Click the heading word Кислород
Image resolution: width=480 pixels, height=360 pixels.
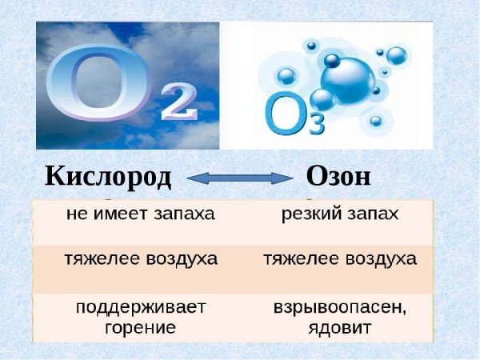(x=108, y=176)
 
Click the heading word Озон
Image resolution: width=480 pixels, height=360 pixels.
(x=338, y=176)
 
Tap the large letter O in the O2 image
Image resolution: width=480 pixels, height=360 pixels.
(x=97, y=84)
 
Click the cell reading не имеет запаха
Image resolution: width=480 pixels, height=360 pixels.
(x=140, y=214)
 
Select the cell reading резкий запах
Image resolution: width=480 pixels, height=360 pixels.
(x=340, y=214)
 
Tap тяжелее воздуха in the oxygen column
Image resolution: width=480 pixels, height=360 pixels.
(x=140, y=260)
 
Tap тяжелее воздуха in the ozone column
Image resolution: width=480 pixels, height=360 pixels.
(x=340, y=260)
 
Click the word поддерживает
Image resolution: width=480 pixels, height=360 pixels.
(x=141, y=309)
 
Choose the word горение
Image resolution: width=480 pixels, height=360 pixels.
(x=141, y=327)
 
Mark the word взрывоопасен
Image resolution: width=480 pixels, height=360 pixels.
(x=340, y=309)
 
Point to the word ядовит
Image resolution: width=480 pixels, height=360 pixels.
(x=340, y=327)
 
